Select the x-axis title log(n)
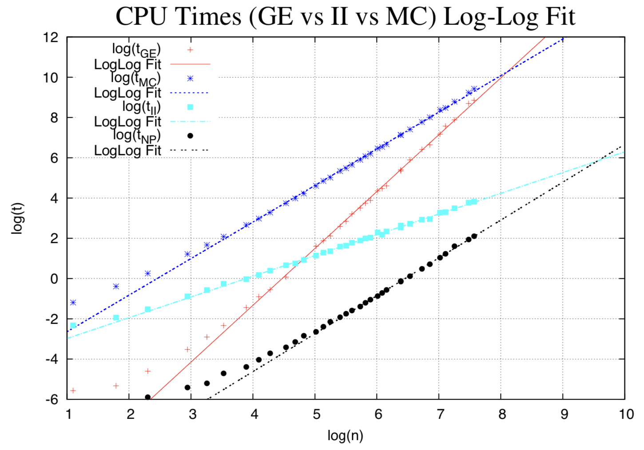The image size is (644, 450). point(345,436)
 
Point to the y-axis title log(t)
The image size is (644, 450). point(18,218)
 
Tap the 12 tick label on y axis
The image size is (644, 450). point(51,37)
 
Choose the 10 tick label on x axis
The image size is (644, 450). point(626,414)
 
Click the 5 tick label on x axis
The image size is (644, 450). point(316,414)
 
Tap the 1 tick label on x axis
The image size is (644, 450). point(68,414)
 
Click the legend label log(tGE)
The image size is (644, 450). point(136,50)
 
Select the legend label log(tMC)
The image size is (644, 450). point(136,79)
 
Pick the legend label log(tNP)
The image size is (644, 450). point(136,136)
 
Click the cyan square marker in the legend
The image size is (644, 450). point(190,107)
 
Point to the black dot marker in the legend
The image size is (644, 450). point(190,136)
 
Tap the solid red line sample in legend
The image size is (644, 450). point(190,64)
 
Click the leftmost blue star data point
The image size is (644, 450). point(73,303)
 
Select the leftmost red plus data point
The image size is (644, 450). point(73,391)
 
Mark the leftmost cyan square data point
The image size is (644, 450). point(73,325)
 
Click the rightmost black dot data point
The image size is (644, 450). point(474,236)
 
